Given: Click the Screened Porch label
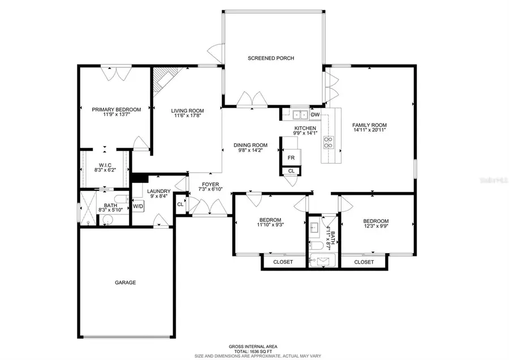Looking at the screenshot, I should point(271,58).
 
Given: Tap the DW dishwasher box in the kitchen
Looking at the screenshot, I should point(316,115).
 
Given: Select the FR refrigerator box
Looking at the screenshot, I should point(291,158).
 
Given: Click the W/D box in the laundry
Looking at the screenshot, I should point(138,206).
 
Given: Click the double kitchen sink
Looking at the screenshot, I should point(299,115).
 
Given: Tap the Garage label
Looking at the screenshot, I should point(126,282).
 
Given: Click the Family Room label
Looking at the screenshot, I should point(369,125).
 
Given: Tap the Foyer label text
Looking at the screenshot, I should point(210,184).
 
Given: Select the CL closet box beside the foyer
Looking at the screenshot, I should point(180,204).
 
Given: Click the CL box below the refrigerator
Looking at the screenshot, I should point(291,170).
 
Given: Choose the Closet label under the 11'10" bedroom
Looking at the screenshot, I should point(283,262).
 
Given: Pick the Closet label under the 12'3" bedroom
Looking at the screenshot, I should point(364,262).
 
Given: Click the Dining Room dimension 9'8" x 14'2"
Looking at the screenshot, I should point(249,151).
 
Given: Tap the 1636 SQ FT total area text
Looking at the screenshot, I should point(252,350).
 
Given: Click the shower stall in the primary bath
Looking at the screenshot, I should point(88,208).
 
